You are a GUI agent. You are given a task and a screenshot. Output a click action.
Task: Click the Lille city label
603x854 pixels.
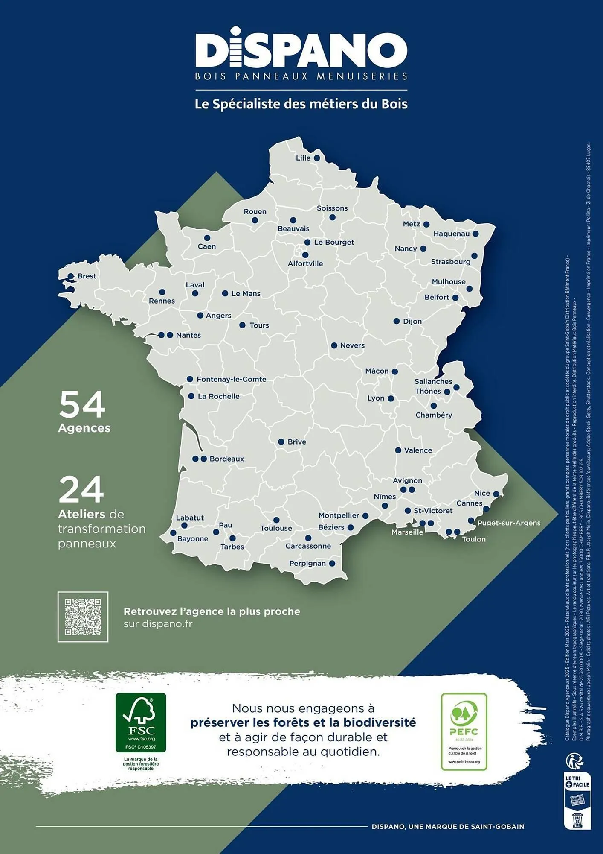(x=303, y=158)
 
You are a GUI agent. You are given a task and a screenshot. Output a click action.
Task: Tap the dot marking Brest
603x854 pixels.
(x=71, y=277)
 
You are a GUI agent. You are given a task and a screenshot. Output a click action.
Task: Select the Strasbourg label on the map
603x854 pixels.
(x=450, y=262)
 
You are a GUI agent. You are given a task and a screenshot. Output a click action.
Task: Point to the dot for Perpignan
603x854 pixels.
(x=332, y=564)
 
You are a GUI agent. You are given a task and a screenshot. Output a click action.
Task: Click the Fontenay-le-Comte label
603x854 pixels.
(x=231, y=379)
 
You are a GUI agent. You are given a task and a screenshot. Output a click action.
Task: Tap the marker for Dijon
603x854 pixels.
(x=397, y=321)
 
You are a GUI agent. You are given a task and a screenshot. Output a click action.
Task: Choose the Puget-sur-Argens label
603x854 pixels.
(x=509, y=523)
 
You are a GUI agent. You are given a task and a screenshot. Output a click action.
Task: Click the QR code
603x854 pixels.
(x=83, y=617)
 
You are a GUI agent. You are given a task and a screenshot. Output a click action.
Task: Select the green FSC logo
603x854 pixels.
(x=141, y=722)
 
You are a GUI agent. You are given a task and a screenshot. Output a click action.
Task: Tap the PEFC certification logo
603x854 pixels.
(x=464, y=731)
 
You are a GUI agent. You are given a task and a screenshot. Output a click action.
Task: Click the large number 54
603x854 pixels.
(x=82, y=404)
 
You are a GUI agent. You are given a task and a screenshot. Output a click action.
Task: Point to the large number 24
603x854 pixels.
(x=81, y=490)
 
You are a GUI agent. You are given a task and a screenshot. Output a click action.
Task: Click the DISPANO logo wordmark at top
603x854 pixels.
(x=301, y=50)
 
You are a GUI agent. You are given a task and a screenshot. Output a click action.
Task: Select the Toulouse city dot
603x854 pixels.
(x=276, y=520)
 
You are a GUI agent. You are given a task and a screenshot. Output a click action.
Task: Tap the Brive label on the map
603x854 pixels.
(x=297, y=442)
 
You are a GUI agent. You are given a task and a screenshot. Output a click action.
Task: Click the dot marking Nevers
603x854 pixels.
(x=334, y=345)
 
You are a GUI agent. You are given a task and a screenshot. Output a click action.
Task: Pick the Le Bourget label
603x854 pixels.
(x=334, y=243)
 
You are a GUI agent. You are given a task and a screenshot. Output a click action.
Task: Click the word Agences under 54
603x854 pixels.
(x=84, y=428)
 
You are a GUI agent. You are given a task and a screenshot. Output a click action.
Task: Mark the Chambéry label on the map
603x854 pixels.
(x=434, y=415)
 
